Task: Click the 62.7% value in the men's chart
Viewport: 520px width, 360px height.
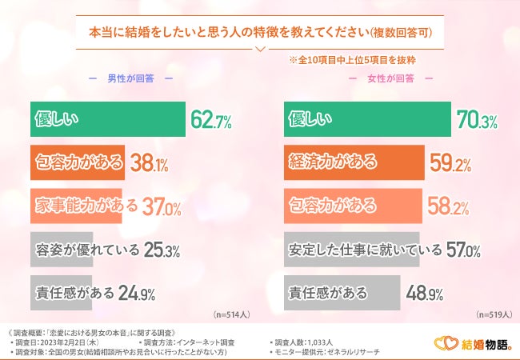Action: tap(211, 121)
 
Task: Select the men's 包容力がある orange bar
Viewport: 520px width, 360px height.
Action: tap(78, 163)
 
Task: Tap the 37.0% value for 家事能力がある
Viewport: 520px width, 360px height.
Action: tap(161, 207)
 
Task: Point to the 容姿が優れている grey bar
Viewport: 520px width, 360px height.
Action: tap(86, 250)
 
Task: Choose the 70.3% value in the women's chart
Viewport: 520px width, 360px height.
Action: tap(477, 121)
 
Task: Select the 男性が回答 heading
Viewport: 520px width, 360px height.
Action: tap(130, 78)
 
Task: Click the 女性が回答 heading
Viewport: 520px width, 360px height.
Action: tap(390, 78)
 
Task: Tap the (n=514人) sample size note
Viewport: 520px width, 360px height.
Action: tap(230, 315)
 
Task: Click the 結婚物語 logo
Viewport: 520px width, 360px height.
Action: tap(472, 343)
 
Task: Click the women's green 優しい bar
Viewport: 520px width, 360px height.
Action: tap(367, 120)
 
